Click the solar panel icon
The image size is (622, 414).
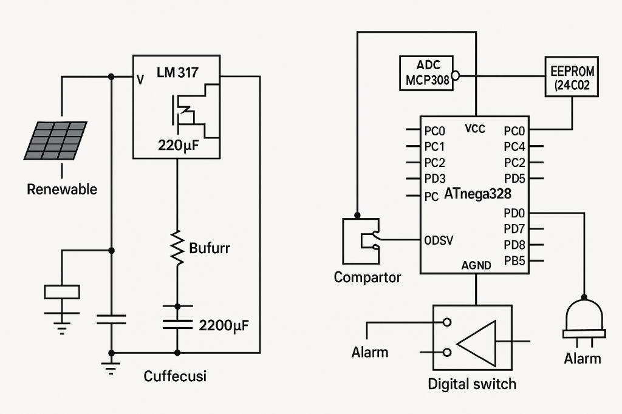pyautogui.click(x=55, y=140)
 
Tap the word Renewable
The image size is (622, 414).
pyautogui.click(x=62, y=189)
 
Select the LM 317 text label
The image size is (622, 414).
pyautogui.click(x=177, y=73)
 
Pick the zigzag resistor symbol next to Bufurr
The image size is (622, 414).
pyautogui.click(x=177, y=247)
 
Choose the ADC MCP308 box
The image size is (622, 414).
pyautogui.click(x=426, y=73)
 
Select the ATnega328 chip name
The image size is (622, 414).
pyautogui.click(x=477, y=194)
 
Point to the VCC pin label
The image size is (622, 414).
pyautogui.click(x=475, y=129)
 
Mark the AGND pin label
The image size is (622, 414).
pyautogui.click(x=476, y=265)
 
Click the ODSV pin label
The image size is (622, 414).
pyautogui.click(x=438, y=240)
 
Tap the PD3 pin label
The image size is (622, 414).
pyautogui.click(x=435, y=178)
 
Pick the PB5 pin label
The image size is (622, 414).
pyautogui.click(x=514, y=261)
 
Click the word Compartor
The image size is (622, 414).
pyautogui.click(x=367, y=277)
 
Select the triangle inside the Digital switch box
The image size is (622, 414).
pyautogui.click(x=476, y=341)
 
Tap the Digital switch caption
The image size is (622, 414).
pyautogui.click(x=472, y=384)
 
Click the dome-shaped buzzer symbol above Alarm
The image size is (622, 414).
pyautogui.click(x=584, y=317)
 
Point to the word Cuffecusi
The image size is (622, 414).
pyautogui.click(x=175, y=376)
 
